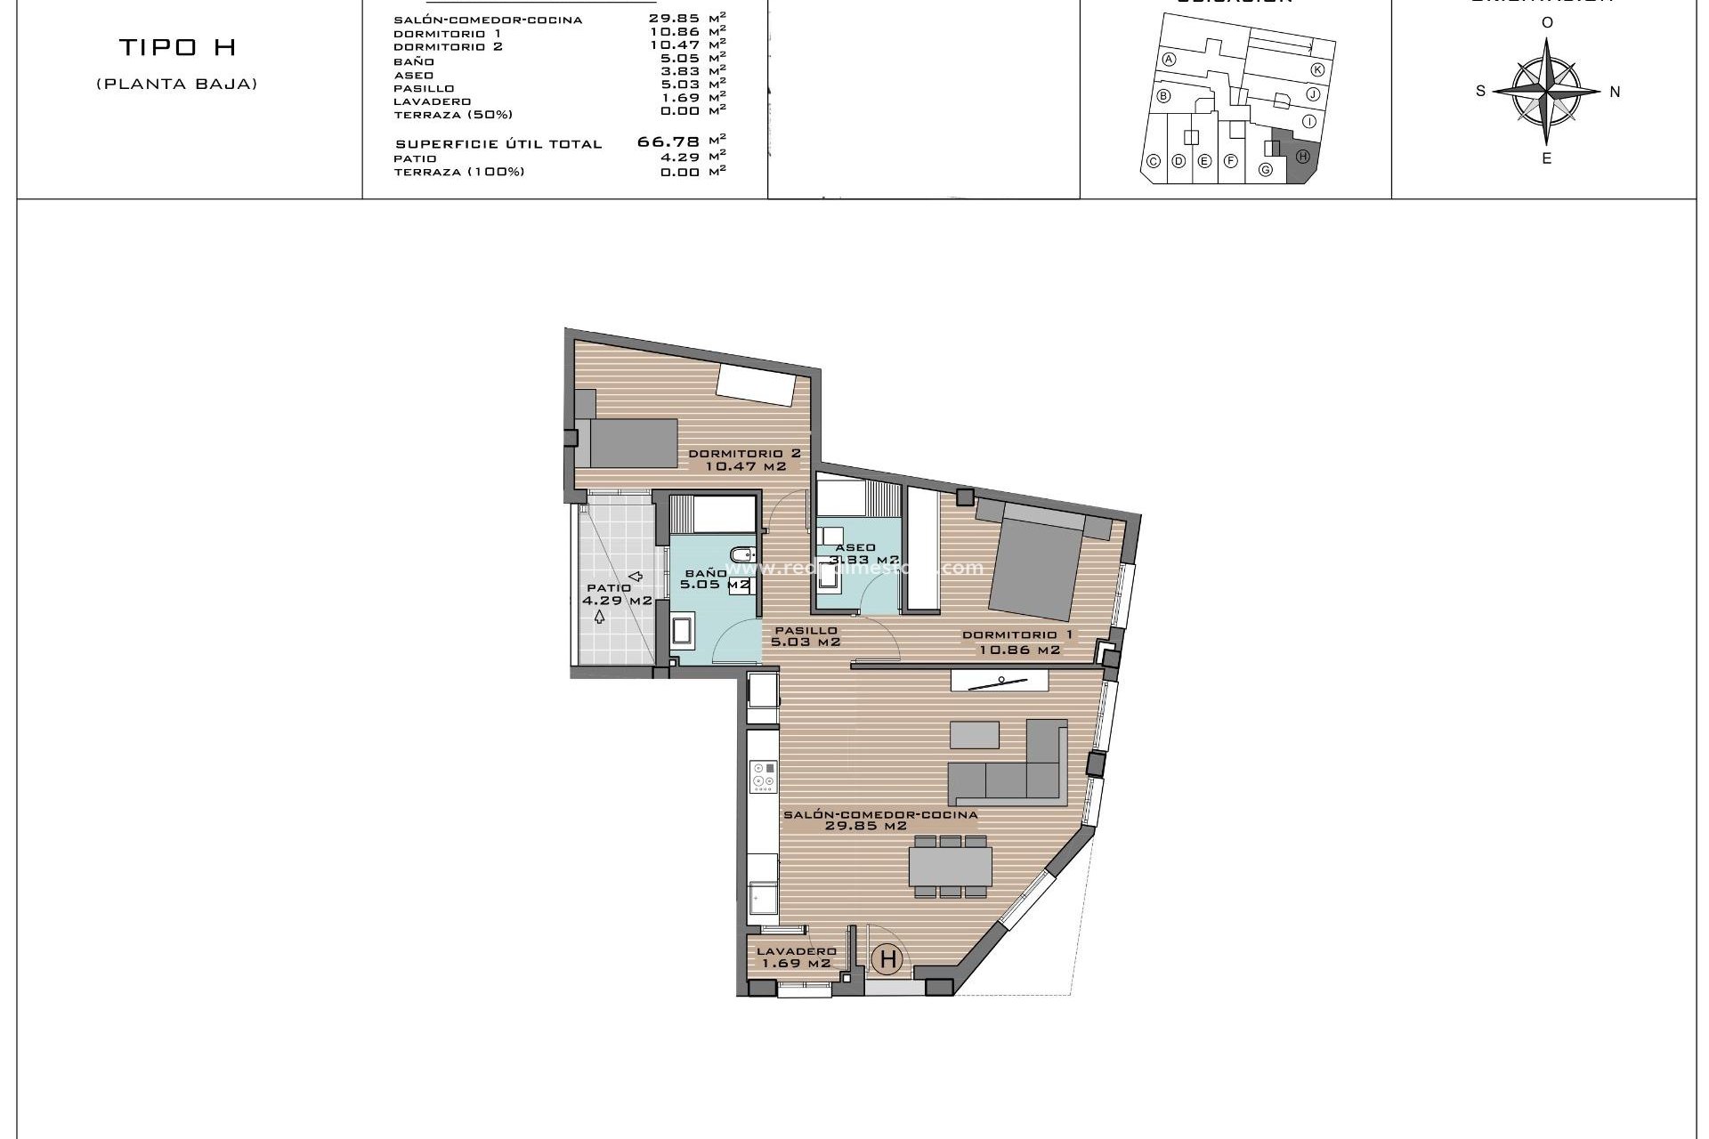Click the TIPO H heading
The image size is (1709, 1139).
click(177, 47)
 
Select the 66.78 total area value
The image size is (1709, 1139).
click(668, 141)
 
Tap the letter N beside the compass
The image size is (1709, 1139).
click(1615, 92)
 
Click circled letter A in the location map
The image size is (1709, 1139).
click(1170, 60)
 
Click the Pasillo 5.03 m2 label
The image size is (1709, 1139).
click(806, 635)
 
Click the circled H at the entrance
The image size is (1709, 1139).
click(887, 959)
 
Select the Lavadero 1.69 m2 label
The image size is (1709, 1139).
click(794, 957)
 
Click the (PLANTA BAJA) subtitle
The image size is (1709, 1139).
click(177, 85)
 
